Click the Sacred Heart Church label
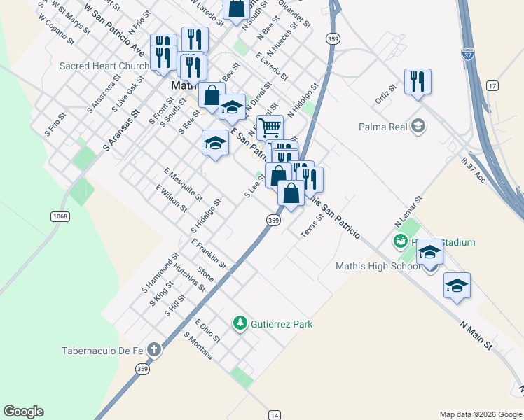104,66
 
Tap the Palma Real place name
382,127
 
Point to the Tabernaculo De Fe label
103,351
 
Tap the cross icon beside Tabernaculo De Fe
154,349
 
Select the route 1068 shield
60,216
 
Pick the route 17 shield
493,85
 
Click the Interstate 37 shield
468,53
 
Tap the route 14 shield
274,415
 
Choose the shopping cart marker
270,127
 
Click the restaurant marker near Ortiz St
418,81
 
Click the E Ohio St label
207,330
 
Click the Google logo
23,412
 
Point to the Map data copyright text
481,414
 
